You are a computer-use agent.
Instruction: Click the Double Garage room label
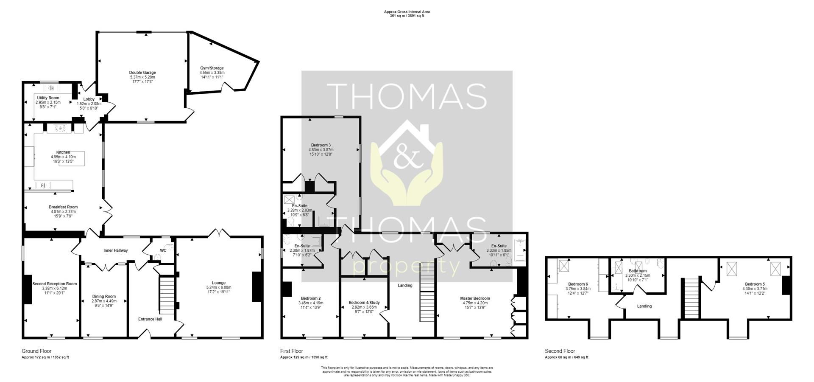point(142,73)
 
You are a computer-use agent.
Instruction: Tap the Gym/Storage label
point(212,68)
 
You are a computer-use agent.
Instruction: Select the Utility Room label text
point(48,98)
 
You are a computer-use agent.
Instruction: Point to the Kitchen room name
point(63,152)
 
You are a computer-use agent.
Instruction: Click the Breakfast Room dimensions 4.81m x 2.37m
point(63,211)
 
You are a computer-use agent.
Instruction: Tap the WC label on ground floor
point(163,250)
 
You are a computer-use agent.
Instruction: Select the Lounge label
point(219,283)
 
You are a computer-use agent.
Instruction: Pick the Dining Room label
point(104,297)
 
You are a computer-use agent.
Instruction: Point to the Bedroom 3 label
point(321,145)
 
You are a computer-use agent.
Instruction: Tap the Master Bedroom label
point(475,298)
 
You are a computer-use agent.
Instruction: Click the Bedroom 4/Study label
point(364,303)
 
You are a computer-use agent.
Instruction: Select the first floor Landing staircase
point(427,297)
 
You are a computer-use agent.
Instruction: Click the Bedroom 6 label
point(578,284)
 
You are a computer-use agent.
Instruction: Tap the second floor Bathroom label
point(637,271)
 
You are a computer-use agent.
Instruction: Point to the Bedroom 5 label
point(755,284)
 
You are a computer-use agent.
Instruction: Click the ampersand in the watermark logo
point(406,158)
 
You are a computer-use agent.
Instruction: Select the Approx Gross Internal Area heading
point(407,12)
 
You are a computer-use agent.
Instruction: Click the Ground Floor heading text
point(36,351)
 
